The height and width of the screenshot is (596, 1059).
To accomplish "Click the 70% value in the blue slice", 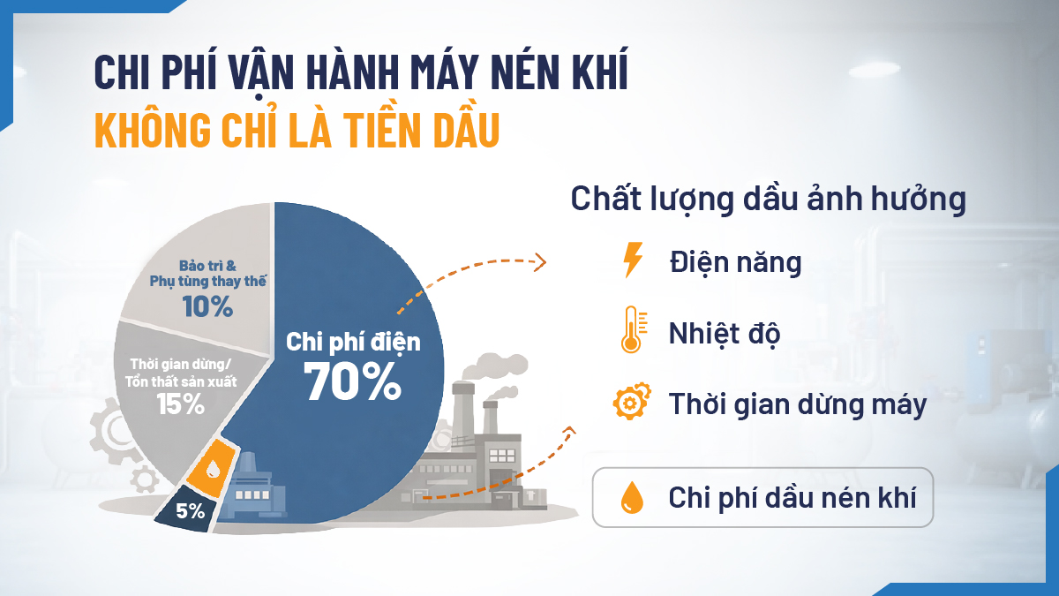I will click(x=353, y=381).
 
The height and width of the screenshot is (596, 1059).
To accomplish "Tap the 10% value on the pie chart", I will click(x=208, y=307).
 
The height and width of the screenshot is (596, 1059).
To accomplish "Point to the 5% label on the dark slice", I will click(x=190, y=510).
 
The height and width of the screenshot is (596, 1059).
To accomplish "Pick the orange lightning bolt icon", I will click(x=633, y=261).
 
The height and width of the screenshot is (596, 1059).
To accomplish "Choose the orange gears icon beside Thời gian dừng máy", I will click(x=632, y=403).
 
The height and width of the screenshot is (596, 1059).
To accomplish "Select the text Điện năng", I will click(x=735, y=262).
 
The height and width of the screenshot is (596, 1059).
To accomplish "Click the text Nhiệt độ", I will click(x=724, y=333).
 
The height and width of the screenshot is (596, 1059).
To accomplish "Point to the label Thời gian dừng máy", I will click(x=798, y=404).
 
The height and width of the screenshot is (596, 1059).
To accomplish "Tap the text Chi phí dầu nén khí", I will click(x=792, y=497).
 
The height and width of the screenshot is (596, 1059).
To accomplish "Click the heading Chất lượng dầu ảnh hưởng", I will click(x=768, y=198).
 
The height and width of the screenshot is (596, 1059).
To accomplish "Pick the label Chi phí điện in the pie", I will click(x=353, y=342).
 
